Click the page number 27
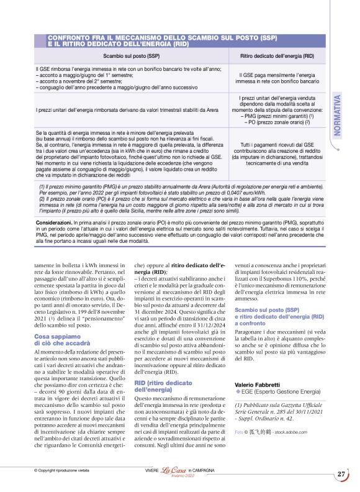[x=341, y=475]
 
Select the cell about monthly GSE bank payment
[x=278, y=78]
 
